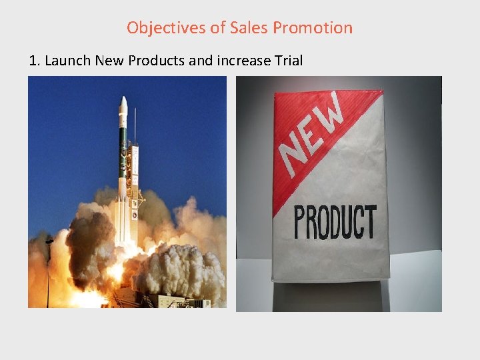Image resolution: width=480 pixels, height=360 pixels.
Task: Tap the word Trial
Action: tap(288, 61)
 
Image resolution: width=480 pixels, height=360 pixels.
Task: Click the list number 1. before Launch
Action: tap(35, 61)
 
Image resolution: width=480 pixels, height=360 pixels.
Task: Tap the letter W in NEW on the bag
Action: tap(332, 112)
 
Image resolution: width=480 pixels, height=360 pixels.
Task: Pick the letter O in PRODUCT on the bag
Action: tap(324, 223)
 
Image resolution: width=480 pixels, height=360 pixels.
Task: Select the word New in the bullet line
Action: tap(109, 61)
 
